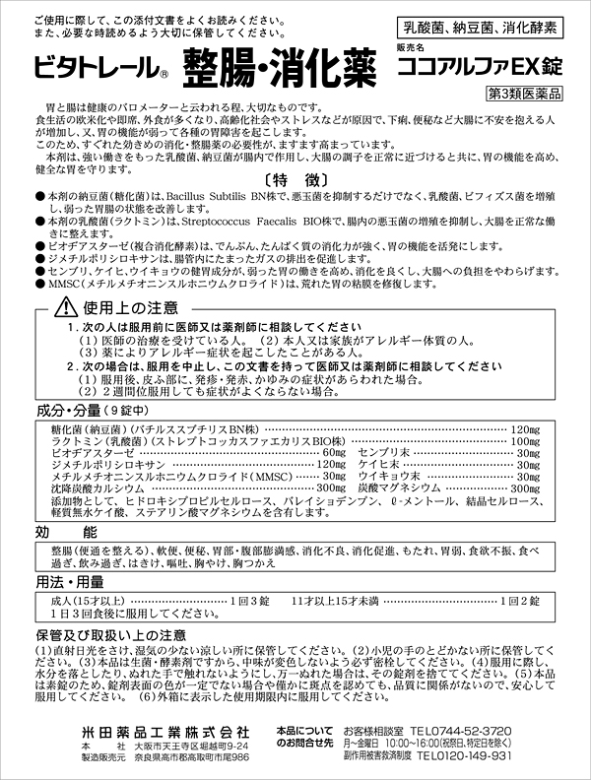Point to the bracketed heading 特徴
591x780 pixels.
[x=295, y=181]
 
